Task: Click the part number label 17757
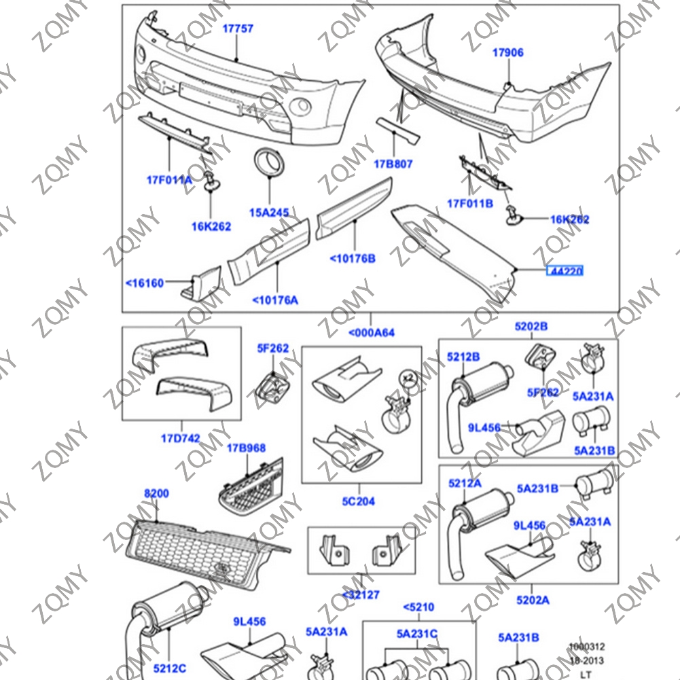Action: [x=238, y=29]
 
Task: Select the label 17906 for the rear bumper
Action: [x=508, y=52]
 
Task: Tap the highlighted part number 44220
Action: [x=565, y=272]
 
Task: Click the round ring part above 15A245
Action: [x=270, y=161]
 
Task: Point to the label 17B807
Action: [x=393, y=164]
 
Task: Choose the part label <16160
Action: [x=145, y=283]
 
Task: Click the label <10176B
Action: [x=353, y=258]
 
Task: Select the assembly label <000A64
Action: [x=371, y=333]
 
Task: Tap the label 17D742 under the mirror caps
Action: [x=180, y=438]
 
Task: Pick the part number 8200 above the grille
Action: [x=156, y=493]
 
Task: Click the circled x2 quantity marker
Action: [x=408, y=377]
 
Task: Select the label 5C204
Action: [x=358, y=501]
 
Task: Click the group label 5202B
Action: [x=531, y=327]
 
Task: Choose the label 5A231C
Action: [x=417, y=634]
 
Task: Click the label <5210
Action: [x=418, y=607]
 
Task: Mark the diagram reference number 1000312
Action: [x=587, y=647]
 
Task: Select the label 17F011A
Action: [x=169, y=180]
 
